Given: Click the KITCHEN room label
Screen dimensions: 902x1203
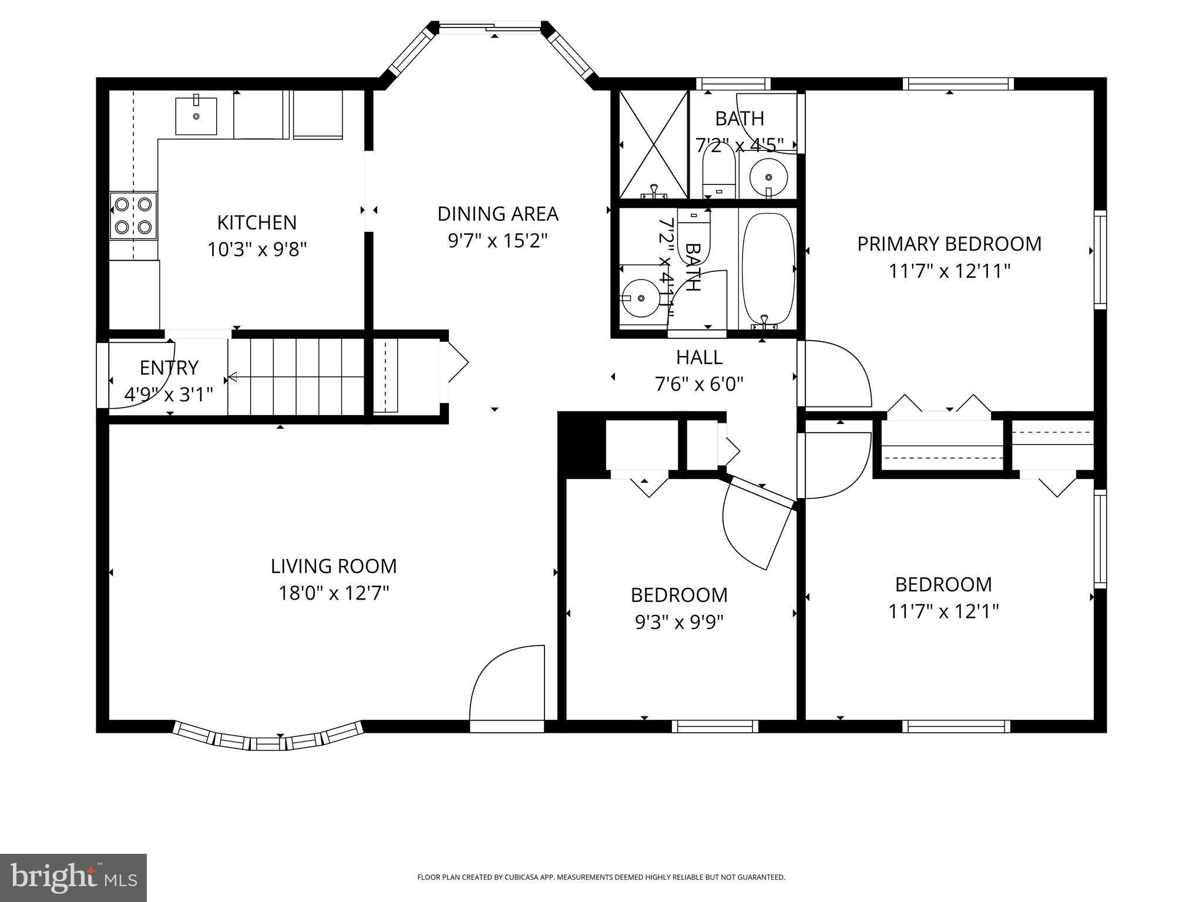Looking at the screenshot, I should [x=257, y=223].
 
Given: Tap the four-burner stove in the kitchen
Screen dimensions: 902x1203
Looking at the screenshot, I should [x=134, y=216].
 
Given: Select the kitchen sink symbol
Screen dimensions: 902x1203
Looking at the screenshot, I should [x=196, y=116].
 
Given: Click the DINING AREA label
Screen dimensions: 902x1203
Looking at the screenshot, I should [x=498, y=214].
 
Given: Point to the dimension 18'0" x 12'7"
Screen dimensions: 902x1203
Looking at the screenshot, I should [x=334, y=593].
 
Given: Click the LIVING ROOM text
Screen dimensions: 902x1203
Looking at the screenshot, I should [x=334, y=566].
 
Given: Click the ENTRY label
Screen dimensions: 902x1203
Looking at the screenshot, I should [x=169, y=368].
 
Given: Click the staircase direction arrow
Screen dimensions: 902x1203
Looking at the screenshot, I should [x=233, y=376].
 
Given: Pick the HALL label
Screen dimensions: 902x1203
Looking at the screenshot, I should [x=699, y=357].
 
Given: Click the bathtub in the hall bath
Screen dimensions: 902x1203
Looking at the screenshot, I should [x=768, y=269].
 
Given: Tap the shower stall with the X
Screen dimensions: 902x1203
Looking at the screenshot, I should [x=653, y=144].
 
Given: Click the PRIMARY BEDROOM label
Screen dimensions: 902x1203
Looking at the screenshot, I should [x=949, y=244].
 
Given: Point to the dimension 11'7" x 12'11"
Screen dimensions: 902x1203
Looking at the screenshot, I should [x=949, y=271].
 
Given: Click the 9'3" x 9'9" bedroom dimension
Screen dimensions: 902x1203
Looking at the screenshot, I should [x=679, y=622].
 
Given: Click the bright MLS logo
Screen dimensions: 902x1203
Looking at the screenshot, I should [x=73, y=877].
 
